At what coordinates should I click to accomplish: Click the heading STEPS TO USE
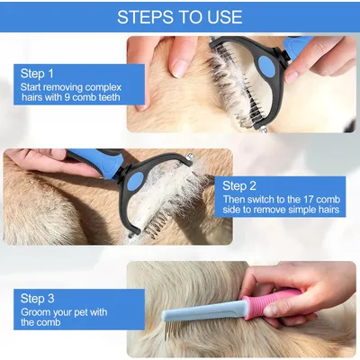(x=180, y=16)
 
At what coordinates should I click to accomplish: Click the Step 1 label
(x=37, y=74)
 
